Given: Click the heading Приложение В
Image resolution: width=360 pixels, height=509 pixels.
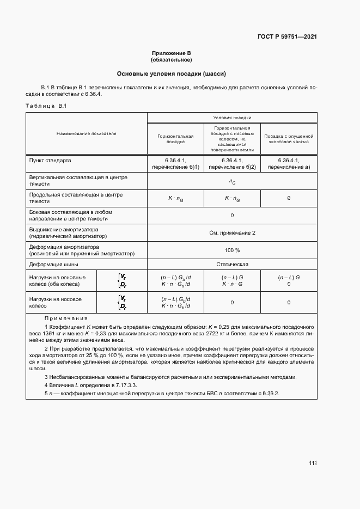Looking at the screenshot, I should click(172, 53).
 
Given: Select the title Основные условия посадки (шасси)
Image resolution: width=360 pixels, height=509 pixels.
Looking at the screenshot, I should click(172, 73).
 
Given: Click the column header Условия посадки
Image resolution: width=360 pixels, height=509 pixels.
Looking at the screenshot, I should click(232, 117).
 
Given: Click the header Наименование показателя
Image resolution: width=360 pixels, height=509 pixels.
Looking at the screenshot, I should click(86, 133).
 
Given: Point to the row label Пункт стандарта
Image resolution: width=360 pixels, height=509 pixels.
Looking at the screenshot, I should click(50, 161).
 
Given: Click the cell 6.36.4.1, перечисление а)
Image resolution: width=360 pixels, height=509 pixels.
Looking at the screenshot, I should click(289, 164).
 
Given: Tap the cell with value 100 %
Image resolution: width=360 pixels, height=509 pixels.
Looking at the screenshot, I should click(232, 250).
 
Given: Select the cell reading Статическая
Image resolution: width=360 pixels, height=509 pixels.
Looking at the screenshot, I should click(232, 265).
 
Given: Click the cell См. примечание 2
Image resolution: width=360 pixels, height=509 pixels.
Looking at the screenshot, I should click(232, 232).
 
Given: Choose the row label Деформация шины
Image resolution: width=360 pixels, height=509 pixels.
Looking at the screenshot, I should click(53, 265).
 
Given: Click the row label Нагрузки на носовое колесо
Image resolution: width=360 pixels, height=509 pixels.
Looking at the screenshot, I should click(56, 302).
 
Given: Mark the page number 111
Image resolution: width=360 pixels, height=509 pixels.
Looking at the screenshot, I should click(313, 463).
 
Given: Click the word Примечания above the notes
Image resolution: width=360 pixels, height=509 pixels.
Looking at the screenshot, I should click(66, 318).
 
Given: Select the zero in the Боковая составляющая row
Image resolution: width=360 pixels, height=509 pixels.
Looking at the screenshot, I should click(232, 215).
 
